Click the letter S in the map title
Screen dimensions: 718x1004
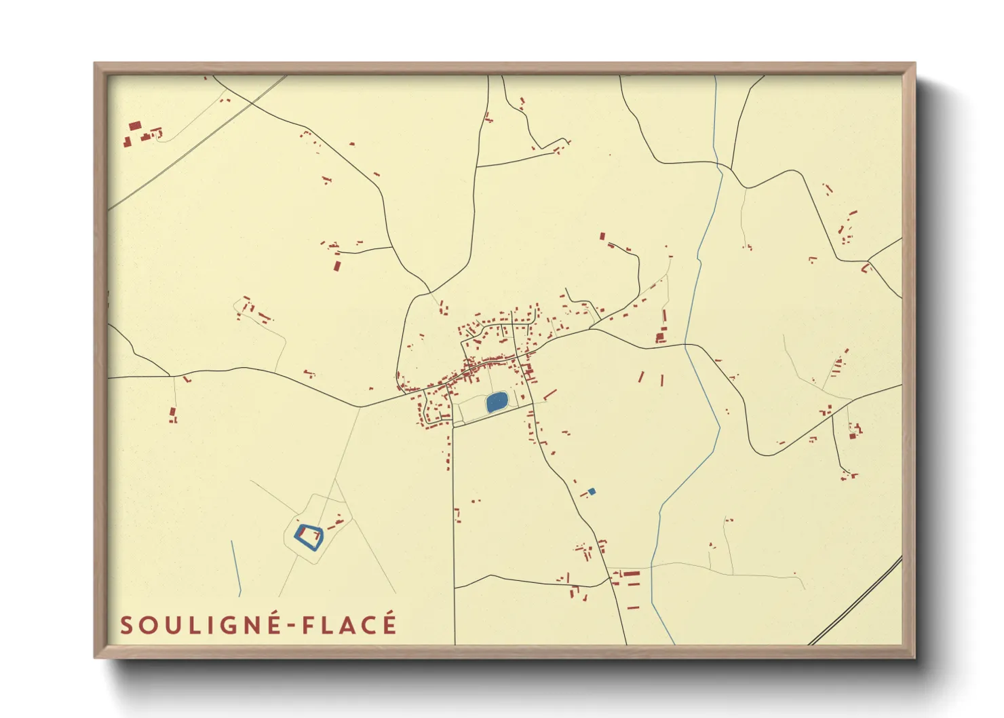pyautogui.click(x=126, y=625)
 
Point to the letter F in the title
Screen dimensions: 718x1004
pyautogui.click(x=309, y=625)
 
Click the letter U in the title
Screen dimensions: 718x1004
pyautogui.click(x=169, y=625)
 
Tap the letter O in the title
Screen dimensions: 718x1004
pyautogui.click(x=147, y=625)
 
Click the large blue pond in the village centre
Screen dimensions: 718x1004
pyautogui.click(x=497, y=402)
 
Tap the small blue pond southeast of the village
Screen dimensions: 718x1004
pyautogui.click(x=592, y=491)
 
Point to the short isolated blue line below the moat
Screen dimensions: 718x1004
pyautogui.click(x=236, y=565)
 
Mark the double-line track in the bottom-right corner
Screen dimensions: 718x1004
pyautogui.click(x=855, y=601)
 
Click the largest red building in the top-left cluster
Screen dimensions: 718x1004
pyautogui.click(x=135, y=126)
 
